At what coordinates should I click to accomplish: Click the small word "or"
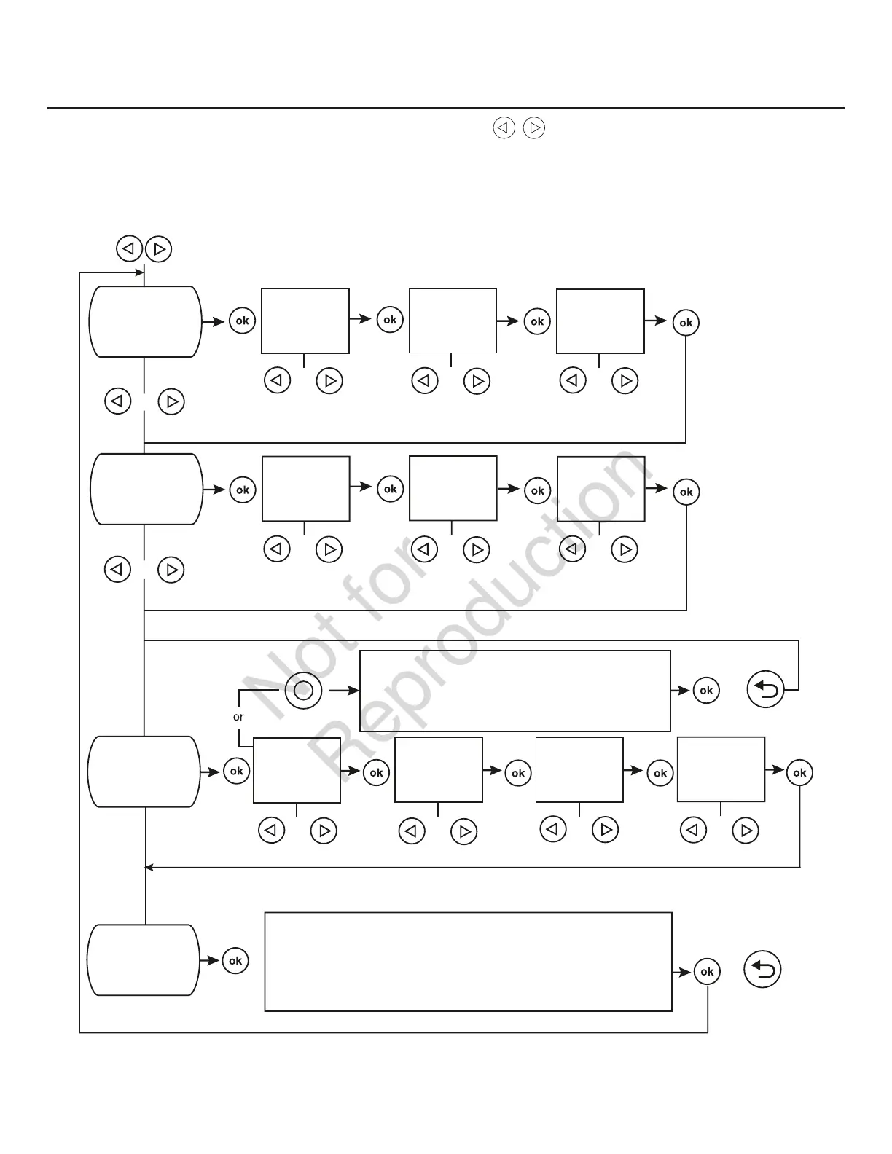coord(238,717)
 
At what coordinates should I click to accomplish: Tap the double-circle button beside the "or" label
coord(303,690)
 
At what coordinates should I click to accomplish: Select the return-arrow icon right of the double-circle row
coord(766,690)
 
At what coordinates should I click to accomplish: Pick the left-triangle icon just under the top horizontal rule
coord(504,128)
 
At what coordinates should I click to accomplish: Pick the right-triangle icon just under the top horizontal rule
coord(534,128)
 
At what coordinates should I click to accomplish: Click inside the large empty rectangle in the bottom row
coord(468,961)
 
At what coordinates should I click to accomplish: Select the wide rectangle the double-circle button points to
coord(515,691)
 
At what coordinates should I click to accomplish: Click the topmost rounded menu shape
coord(145,321)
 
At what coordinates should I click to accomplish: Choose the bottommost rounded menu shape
coord(143,960)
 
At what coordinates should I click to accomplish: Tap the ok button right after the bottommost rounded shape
coord(235,961)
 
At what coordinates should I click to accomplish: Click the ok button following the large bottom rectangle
coord(707,972)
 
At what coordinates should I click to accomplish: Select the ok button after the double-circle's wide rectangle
coord(706,690)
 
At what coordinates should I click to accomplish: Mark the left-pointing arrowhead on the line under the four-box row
coord(149,867)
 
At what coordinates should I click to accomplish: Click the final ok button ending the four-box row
coord(799,772)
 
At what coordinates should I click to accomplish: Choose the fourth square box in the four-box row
coord(721,769)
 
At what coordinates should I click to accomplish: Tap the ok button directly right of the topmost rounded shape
coord(242,321)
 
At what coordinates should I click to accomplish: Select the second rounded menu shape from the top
coord(146,489)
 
